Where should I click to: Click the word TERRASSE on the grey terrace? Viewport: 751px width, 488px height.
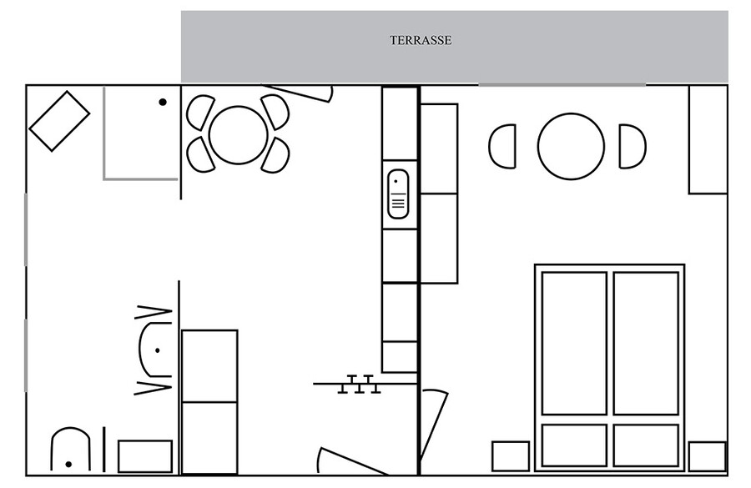coord(421,40)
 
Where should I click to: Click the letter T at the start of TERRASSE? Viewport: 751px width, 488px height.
coord(393,40)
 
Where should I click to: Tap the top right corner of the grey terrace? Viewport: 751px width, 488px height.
coord(728,11)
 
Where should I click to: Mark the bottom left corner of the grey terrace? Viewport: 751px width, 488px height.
coord(182,83)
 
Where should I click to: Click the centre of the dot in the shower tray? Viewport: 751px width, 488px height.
coord(163,102)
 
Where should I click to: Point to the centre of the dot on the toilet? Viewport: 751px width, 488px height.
coord(68,464)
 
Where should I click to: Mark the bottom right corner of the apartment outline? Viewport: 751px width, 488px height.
coord(728,475)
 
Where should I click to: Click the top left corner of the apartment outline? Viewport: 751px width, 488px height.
coord(27,85)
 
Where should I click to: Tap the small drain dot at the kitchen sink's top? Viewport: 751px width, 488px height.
coord(396,182)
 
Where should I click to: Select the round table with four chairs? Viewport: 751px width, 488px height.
coord(238,134)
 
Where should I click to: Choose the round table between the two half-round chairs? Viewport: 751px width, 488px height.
coord(571,147)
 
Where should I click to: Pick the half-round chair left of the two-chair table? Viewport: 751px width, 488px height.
coord(502,147)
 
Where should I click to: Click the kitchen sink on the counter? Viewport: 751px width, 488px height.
coord(398,194)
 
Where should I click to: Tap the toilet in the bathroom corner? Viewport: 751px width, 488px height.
coord(70,449)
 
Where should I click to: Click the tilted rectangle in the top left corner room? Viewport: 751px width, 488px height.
coord(59,121)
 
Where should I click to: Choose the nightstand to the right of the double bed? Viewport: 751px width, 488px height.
coord(708,456)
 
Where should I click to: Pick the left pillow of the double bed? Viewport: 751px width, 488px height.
coord(574,445)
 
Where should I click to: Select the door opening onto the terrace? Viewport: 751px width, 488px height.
coord(297,93)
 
